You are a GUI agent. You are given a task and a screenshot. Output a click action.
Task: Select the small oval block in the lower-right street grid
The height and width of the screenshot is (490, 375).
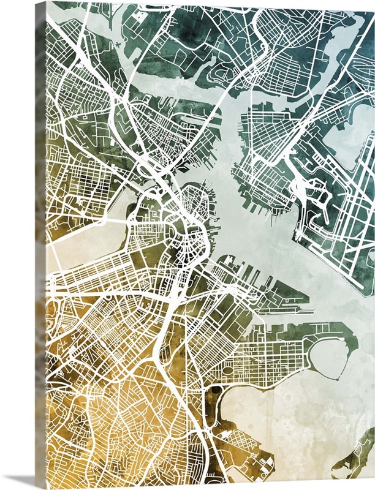click(x=227, y=370)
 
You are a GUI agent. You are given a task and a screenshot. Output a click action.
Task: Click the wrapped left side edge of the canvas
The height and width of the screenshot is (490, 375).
click(x=40, y=245)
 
